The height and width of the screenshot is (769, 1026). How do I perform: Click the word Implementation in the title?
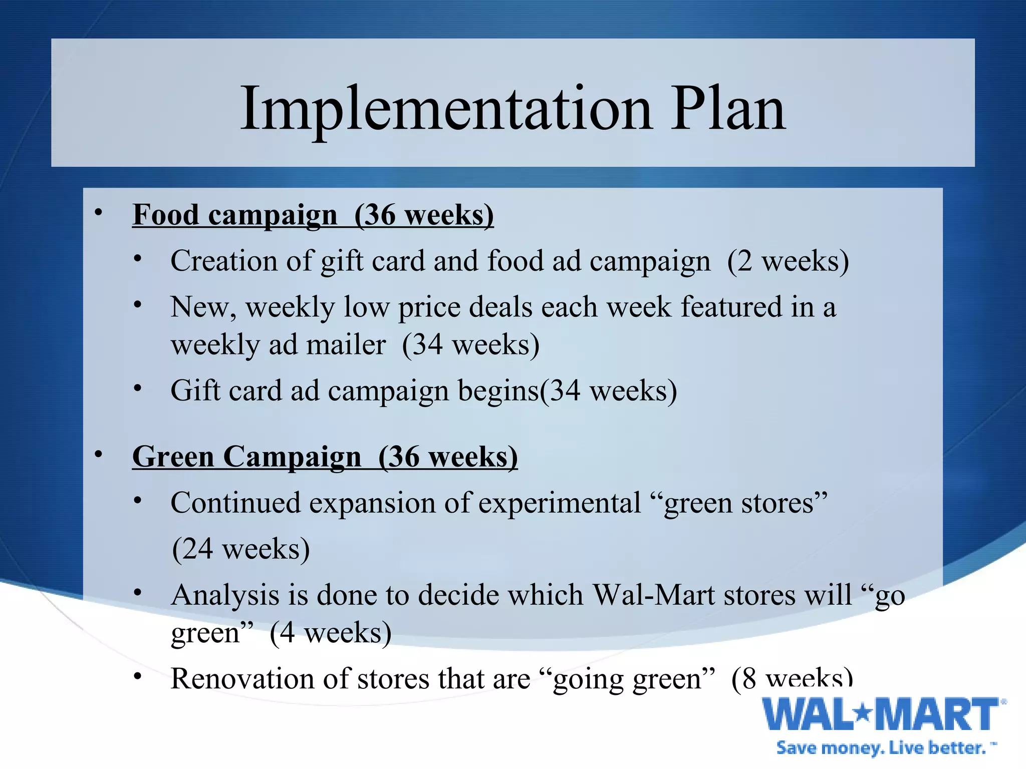[x=446, y=109]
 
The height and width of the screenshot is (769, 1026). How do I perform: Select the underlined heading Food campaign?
[x=234, y=215]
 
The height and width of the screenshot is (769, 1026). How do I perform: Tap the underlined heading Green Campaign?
[x=246, y=457]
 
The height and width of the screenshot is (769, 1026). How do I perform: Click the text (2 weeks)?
[x=788, y=261]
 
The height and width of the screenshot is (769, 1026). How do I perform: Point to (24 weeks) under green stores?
[x=240, y=549]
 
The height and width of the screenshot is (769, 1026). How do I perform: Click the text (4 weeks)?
[x=330, y=633]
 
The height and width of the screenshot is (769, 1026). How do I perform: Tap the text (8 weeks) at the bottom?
[x=792, y=679]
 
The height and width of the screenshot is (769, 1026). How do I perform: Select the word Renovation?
[x=241, y=679]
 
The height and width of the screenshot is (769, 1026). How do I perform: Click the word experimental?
[x=560, y=503]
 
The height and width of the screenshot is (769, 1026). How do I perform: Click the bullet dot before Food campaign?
[x=99, y=213]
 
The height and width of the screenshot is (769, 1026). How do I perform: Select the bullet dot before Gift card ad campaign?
[x=138, y=388]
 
